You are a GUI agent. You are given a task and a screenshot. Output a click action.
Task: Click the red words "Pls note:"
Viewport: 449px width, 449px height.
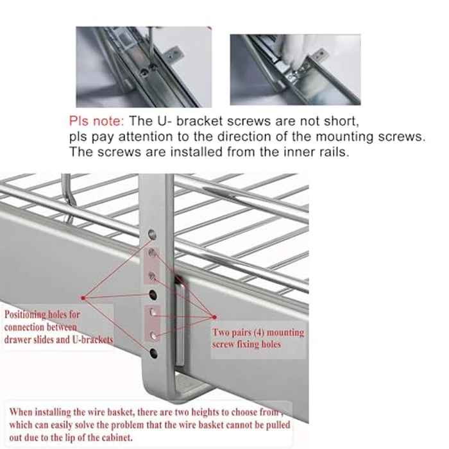(97, 121)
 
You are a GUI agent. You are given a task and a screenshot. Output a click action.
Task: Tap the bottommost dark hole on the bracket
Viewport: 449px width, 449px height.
(154, 353)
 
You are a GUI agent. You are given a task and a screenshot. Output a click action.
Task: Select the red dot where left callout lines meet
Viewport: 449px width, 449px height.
(84, 298)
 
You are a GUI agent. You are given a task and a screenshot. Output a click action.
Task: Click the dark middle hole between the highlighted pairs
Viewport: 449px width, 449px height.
(153, 294)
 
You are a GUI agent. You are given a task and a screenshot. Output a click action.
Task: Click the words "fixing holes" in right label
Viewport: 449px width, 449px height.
(264, 345)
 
